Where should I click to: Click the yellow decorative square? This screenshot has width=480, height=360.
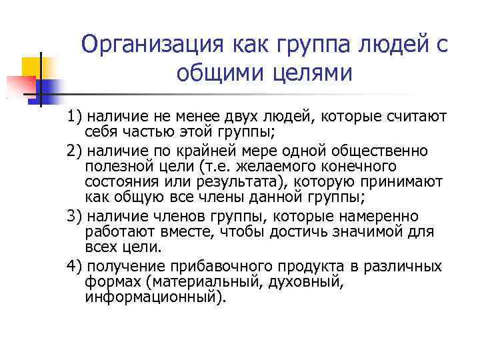click(x=32, y=67)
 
